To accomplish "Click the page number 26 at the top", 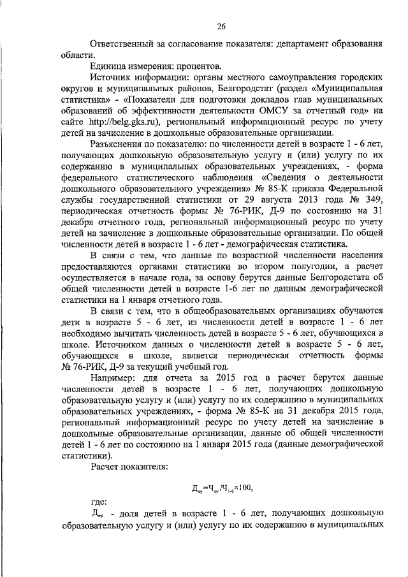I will coord(221,26).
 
